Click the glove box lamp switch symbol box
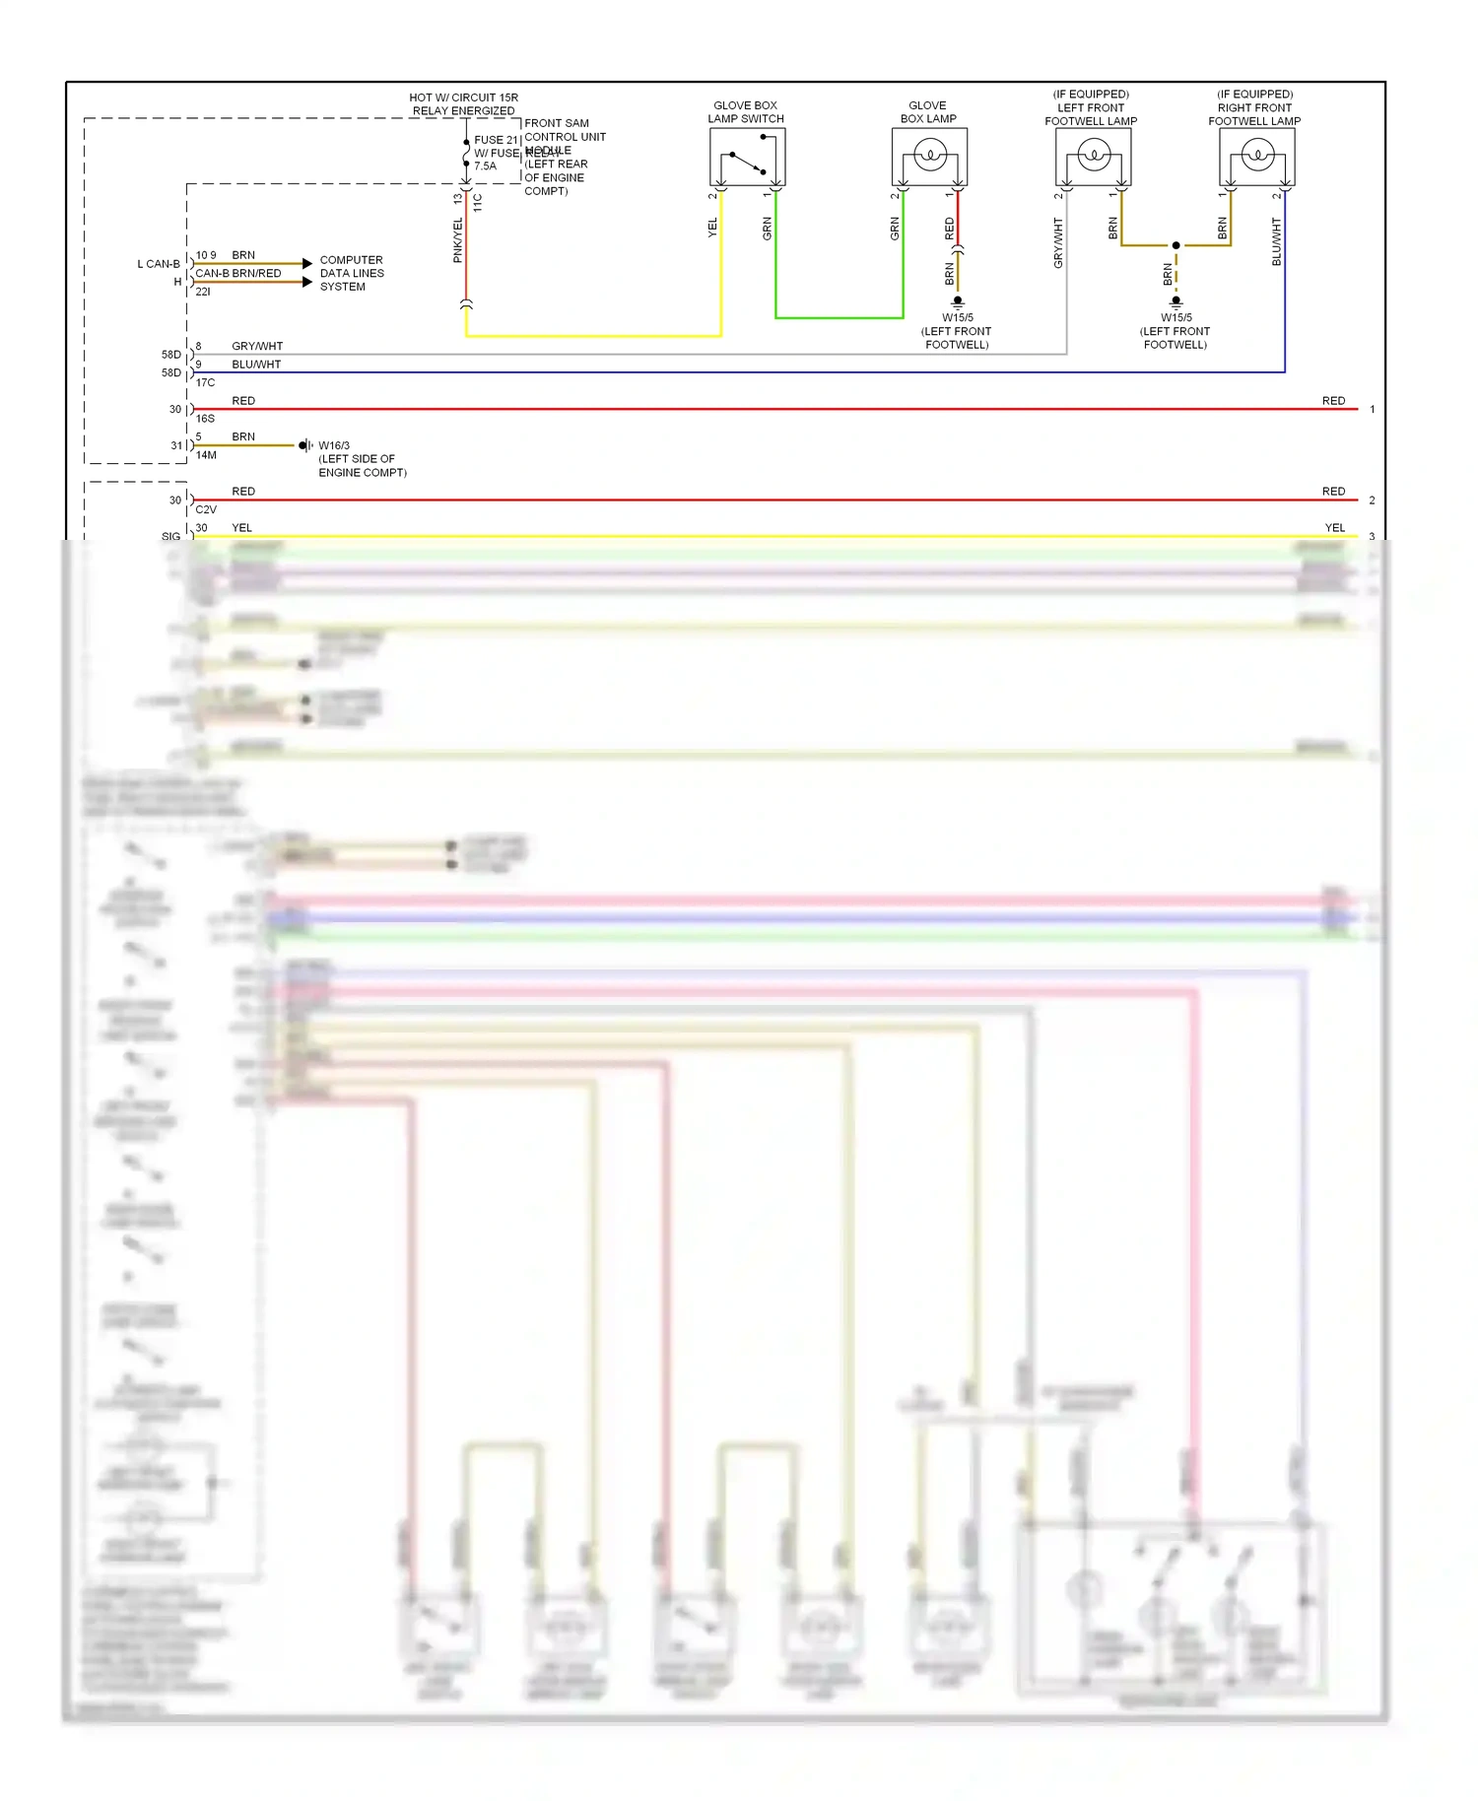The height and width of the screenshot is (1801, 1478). click(747, 157)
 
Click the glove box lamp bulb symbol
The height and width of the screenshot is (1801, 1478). click(929, 156)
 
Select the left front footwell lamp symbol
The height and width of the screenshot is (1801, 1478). click(1093, 156)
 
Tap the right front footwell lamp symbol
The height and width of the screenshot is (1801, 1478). click(1256, 156)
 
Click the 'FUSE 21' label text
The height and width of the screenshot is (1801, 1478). click(496, 140)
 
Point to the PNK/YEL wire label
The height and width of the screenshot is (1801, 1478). click(457, 240)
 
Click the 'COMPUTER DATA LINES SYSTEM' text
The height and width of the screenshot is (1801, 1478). click(351, 274)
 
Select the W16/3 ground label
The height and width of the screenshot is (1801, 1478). click(334, 445)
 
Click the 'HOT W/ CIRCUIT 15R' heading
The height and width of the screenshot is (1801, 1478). click(463, 98)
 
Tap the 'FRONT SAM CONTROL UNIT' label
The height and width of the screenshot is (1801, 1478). click(564, 130)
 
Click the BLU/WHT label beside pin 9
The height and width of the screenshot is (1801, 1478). click(256, 365)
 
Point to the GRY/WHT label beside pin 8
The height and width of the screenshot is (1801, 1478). click(257, 347)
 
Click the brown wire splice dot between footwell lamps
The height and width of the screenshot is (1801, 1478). click(1176, 245)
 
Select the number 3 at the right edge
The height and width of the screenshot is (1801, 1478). click(1372, 537)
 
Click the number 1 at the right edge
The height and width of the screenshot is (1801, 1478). click(1372, 409)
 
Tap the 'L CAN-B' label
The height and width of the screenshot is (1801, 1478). click(159, 264)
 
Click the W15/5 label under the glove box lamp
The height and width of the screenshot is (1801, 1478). click(957, 318)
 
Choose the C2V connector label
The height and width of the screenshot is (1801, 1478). click(206, 510)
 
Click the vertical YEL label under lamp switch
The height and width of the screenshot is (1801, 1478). click(712, 228)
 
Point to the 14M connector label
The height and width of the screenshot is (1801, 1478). click(206, 455)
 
